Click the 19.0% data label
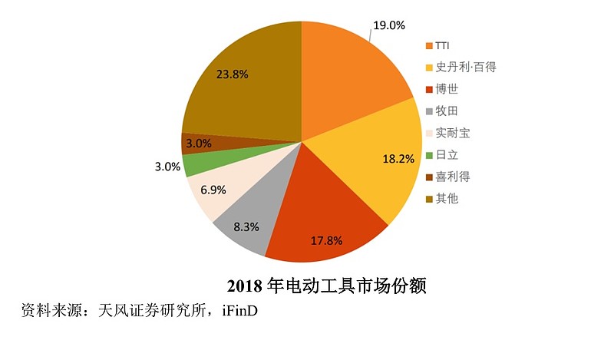tap(388, 25)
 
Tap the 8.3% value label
tap(247, 227)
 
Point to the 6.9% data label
tap(210, 189)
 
